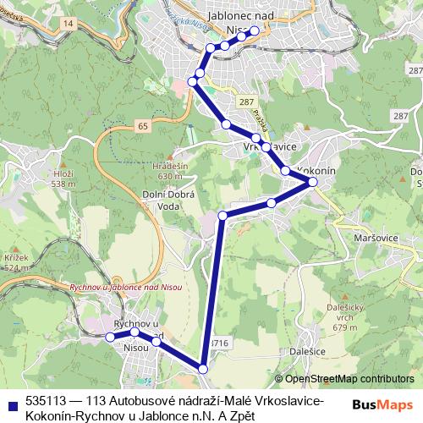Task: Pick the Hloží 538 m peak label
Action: click(x=63, y=179)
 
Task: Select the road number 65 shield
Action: click(x=140, y=126)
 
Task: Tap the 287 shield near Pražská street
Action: click(x=245, y=101)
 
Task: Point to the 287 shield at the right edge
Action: click(x=401, y=114)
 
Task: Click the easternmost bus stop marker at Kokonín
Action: click(x=312, y=182)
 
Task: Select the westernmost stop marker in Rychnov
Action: click(x=109, y=337)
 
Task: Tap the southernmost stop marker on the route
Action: click(x=203, y=367)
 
